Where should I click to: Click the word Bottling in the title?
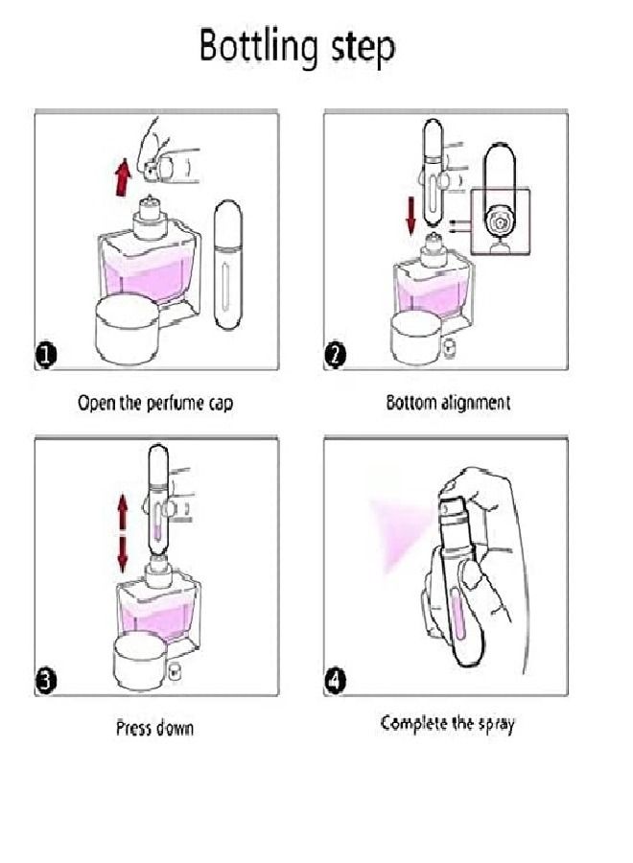[259, 47]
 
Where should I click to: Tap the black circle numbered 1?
[47, 355]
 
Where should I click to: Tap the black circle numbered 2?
[336, 355]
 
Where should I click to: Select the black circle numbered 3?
[47, 681]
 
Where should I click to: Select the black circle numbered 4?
[336, 682]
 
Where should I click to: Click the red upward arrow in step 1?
[124, 177]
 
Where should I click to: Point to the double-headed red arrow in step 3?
[122, 533]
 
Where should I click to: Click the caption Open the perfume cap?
[155, 404]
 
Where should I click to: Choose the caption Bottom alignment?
[448, 403]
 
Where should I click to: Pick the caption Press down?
[155, 728]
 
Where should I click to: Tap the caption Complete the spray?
[448, 723]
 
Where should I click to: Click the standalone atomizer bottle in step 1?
[227, 266]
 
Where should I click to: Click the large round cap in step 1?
[128, 329]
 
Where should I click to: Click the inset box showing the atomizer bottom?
[501, 222]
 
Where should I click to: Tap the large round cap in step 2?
[416, 338]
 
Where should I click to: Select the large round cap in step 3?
[140, 662]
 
